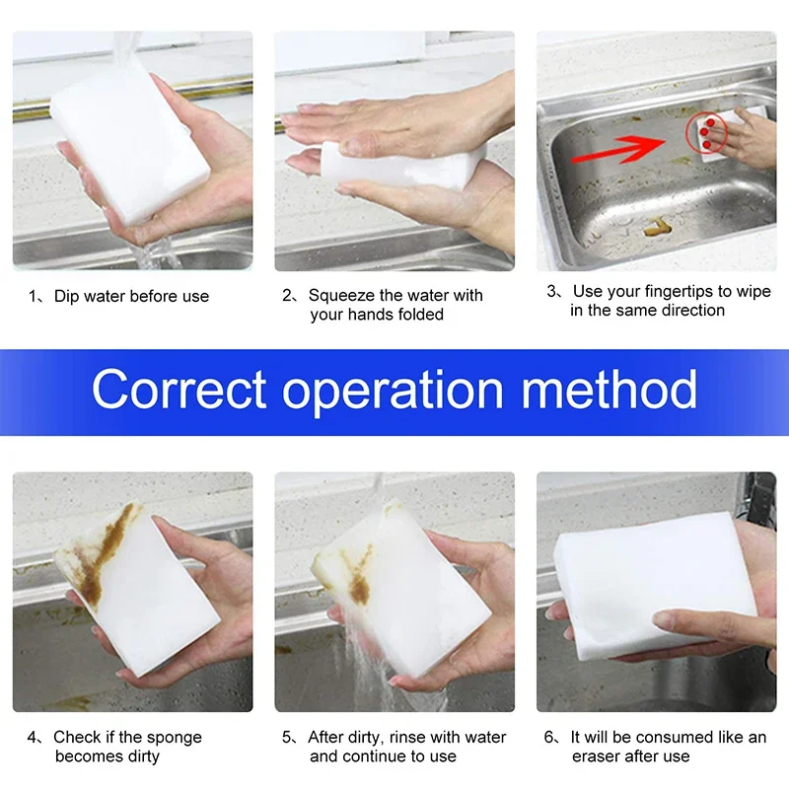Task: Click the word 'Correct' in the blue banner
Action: (x=179, y=389)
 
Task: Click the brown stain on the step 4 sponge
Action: (x=105, y=553)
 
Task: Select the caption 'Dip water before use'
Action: (x=131, y=296)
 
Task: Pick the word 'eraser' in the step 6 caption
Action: (x=598, y=756)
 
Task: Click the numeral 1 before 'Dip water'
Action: (x=32, y=296)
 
